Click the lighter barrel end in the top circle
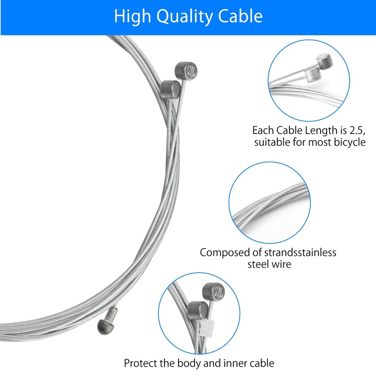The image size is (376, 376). pos(312,73)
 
